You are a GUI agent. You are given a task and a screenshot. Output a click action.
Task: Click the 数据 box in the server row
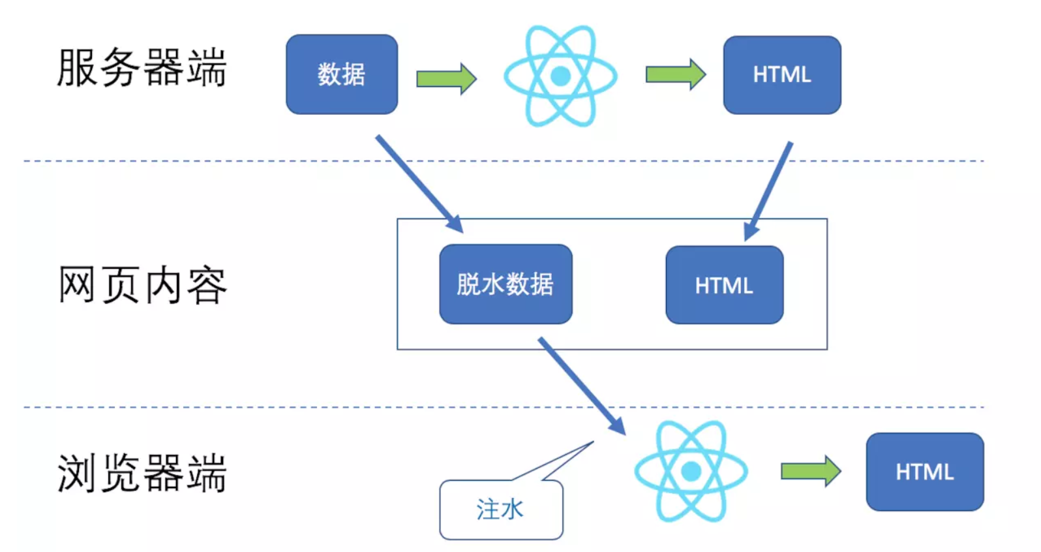point(341,74)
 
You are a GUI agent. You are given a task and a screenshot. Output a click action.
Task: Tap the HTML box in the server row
point(781,74)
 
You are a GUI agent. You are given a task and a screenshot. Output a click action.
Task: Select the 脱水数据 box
point(505,284)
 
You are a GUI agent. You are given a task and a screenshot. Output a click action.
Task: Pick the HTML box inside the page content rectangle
point(724,285)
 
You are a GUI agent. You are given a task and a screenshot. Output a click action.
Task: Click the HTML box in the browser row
point(924,471)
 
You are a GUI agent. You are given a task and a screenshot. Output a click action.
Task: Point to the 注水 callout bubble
point(501,510)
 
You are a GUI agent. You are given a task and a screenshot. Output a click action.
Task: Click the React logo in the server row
point(560,76)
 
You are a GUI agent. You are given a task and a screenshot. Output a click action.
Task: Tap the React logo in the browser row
point(691,470)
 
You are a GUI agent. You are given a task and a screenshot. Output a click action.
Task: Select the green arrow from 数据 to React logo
point(446,78)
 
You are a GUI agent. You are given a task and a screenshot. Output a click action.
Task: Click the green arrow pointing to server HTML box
point(675,74)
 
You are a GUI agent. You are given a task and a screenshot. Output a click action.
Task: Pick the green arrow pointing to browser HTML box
point(810,470)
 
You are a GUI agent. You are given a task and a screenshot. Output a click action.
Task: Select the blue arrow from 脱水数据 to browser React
point(581,385)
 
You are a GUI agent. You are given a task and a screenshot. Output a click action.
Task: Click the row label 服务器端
point(142,68)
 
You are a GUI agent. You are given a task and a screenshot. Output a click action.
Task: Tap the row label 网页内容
point(142,285)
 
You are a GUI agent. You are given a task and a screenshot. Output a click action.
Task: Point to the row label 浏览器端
point(142,473)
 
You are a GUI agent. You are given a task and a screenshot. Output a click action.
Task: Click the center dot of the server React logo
point(560,76)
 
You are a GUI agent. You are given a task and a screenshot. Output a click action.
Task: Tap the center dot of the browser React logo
point(691,470)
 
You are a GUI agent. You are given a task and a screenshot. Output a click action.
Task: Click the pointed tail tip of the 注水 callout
point(592,442)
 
